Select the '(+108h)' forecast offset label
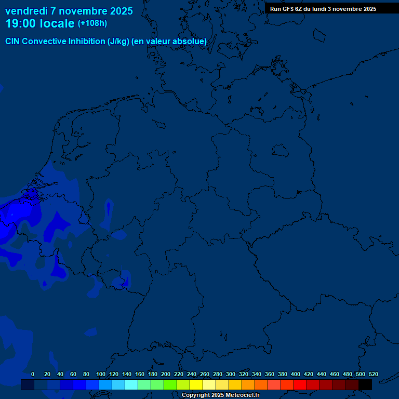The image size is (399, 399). pos(92,23)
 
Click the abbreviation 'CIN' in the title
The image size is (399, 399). pos(13,42)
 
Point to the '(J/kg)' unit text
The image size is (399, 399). pos(118,42)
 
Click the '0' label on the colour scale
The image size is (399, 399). pos(33,374)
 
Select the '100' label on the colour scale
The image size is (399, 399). pos(101,374)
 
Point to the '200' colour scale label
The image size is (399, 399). pos(166,374)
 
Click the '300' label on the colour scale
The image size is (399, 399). pos(231,374)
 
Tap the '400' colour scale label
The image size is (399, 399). pos(296,374)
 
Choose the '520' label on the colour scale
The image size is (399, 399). pos(373,374)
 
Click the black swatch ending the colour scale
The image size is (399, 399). pos(365,384)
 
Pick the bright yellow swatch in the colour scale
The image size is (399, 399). pos(196,384)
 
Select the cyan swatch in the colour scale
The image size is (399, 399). pos(131,384)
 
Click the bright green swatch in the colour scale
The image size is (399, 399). pos(170,384)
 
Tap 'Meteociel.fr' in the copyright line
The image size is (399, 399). pos(243,395)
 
